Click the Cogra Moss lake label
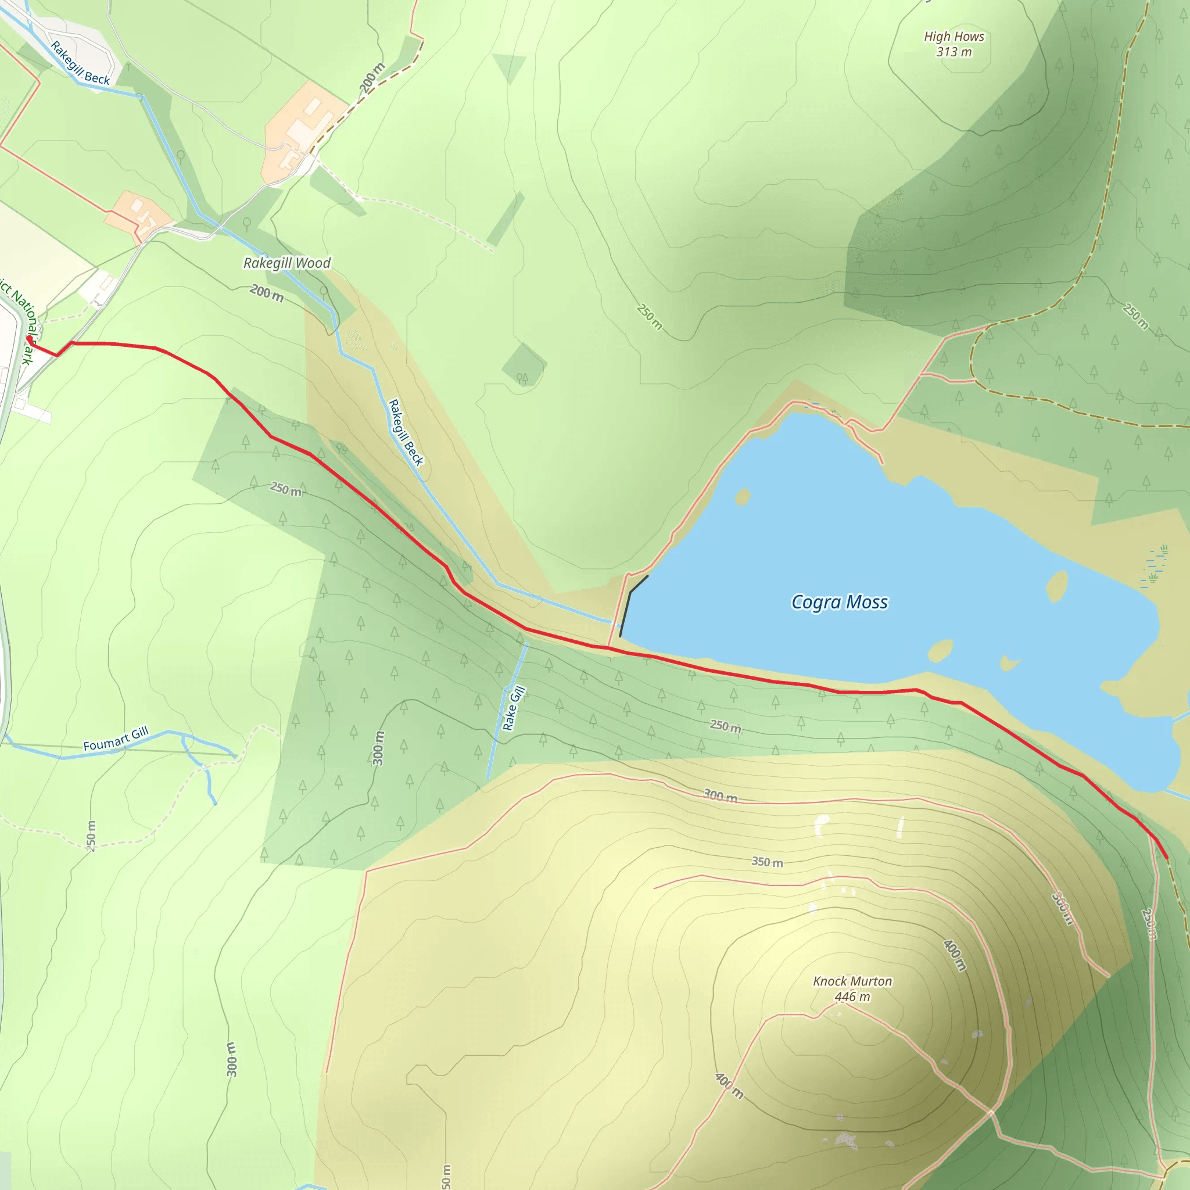[x=839, y=602]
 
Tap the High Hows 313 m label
[x=954, y=44]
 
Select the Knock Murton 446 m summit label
[x=852, y=988]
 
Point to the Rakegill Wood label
[x=287, y=263]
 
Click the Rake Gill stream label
[x=513, y=708]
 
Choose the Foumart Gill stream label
[x=116, y=739]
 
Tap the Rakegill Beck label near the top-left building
[x=80, y=63]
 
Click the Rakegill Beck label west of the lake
[x=406, y=432]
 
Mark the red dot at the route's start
[x=29, y=339]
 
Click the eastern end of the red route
[x=1167, y=858]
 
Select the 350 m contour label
[x=767, y=862]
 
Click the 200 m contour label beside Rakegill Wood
[x=267, y=293]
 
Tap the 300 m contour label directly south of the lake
[x=720, y=796]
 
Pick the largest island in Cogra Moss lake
[x=1056, y=586]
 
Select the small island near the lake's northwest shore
[x=743, y=496]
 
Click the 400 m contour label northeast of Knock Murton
[x=954, y=955]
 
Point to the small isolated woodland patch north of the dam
[x=524, y=365]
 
